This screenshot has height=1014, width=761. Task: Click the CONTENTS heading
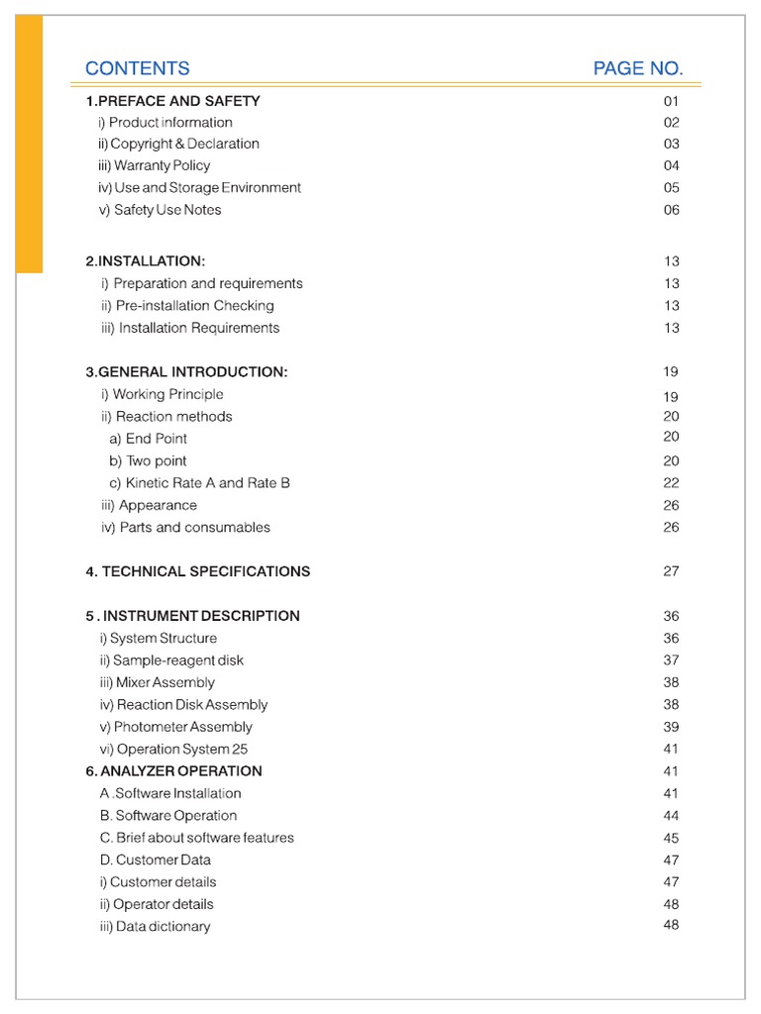138,68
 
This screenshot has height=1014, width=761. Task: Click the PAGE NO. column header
638,68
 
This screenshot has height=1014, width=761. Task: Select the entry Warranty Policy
154,165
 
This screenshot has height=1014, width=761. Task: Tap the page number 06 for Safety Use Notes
672,210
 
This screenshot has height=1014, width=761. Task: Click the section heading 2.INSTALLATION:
146,261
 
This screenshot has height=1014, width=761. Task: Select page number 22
672,483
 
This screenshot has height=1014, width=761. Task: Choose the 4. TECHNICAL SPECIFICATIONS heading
197,571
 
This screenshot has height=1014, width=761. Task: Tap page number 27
672,571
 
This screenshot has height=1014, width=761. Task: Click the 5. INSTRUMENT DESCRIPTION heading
192,616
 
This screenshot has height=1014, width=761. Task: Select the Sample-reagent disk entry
170,660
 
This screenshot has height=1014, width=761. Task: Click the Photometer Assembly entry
175,727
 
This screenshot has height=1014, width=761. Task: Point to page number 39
672,727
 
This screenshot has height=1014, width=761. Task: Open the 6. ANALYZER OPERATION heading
173,771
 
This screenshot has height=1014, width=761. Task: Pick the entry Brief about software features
196,838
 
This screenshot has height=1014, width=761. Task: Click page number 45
672,838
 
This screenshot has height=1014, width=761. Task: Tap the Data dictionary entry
155,927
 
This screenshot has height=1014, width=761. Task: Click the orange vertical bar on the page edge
29,144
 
